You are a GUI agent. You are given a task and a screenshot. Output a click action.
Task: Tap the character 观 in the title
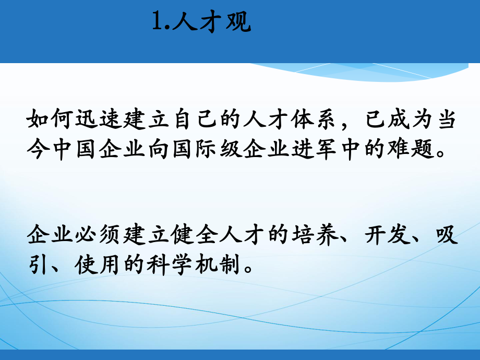[238, 22]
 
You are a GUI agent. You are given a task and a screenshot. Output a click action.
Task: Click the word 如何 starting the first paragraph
[51, 121]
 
